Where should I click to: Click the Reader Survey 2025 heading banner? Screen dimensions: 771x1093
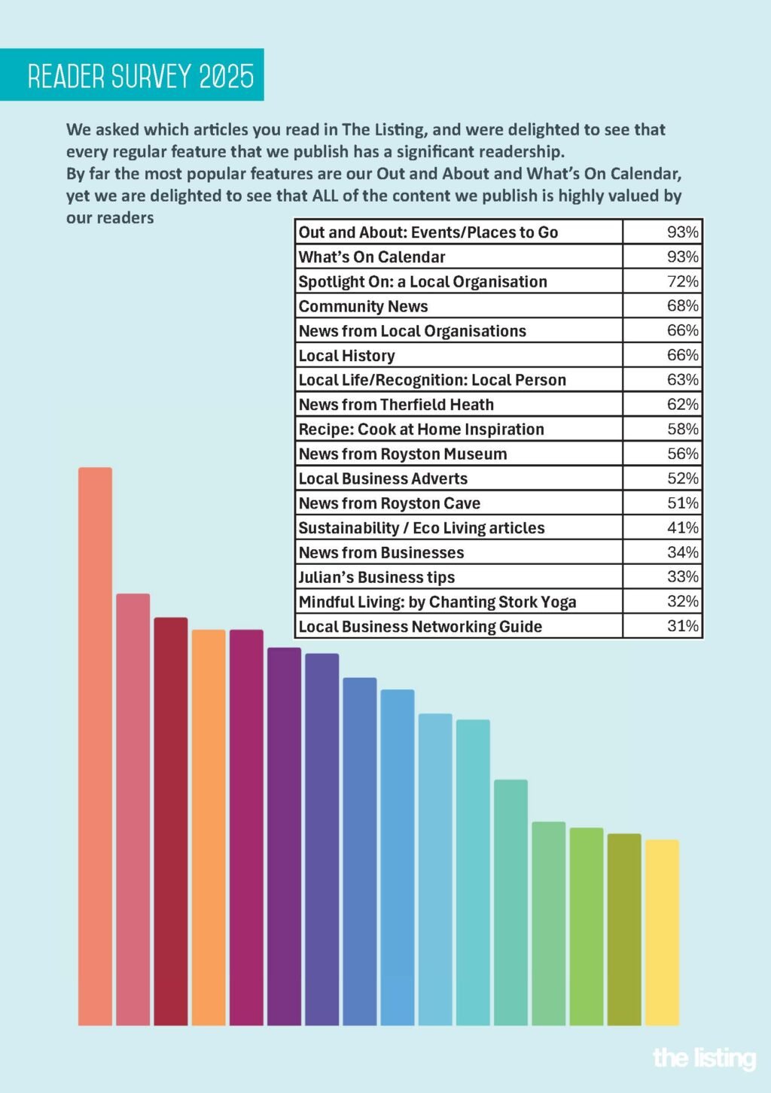(132, 74)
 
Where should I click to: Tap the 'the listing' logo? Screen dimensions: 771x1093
(705, 1058)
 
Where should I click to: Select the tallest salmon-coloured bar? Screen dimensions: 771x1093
(95, 746)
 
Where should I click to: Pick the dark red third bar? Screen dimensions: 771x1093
(171, 821)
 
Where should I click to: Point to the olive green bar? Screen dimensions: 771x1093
(624, 929)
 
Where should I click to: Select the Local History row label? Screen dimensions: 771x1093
(346, 356)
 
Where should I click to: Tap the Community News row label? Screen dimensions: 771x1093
(363, 306)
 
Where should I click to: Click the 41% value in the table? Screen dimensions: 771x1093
(683, 527)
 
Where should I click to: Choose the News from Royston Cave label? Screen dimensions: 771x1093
(389, 503)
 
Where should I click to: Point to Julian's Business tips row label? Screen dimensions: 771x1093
(376, 577)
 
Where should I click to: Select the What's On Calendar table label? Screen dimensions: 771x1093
(372, 257)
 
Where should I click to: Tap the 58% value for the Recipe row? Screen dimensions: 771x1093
(683, 429)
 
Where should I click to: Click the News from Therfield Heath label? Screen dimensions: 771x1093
(396, 405)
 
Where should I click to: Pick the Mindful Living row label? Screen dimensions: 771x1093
(437, 602)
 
